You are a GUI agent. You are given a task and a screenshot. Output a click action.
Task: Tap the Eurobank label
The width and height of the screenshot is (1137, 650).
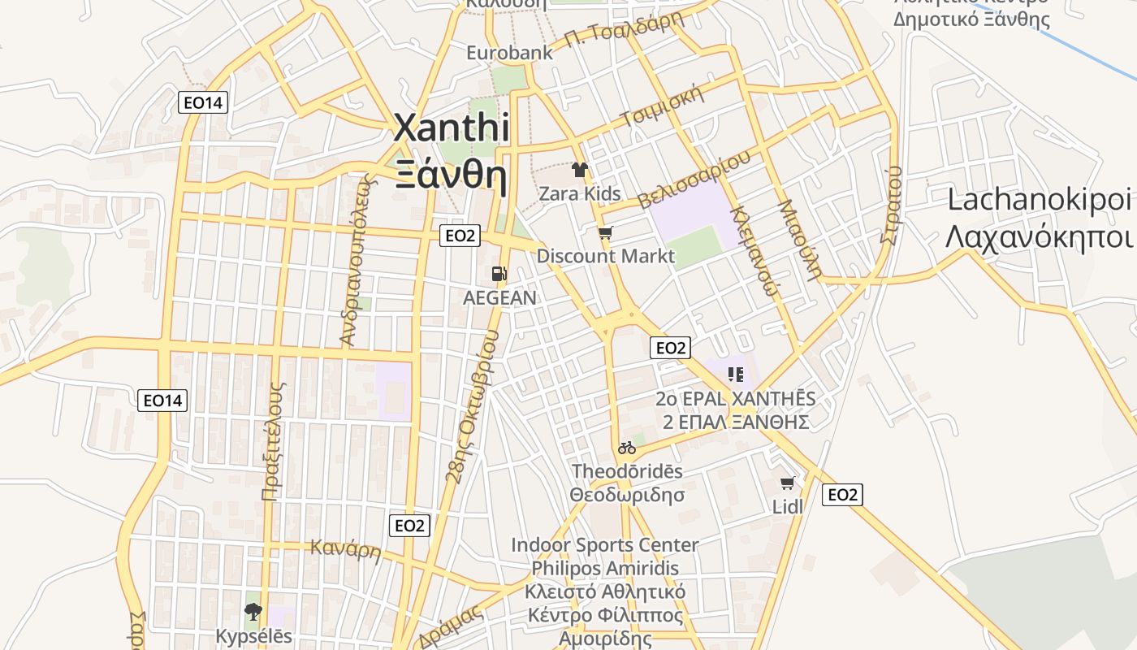(509, 53)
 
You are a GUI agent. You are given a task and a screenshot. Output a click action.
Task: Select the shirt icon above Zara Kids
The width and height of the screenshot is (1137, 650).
(580, 170)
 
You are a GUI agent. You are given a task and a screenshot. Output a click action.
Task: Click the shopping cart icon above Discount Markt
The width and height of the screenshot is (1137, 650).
(605, 234)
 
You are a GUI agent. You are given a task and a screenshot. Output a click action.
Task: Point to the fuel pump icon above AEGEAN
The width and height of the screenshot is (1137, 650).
(499, 275)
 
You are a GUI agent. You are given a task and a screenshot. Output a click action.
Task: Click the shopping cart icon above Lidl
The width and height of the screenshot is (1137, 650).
(787, 483)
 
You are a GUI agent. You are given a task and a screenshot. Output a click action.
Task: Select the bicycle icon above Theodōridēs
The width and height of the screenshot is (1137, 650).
(626, 448)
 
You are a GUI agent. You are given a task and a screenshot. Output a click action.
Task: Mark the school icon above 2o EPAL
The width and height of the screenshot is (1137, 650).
(736, 375)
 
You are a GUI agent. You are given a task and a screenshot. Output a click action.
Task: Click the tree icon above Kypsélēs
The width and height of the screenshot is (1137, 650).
(253, 612)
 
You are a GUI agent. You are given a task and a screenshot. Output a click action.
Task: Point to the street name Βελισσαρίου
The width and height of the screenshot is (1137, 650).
(694, 180)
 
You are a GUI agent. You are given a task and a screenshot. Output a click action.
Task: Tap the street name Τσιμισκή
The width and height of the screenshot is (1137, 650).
(661, 106)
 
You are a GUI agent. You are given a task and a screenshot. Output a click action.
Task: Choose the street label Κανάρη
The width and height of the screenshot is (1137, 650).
(346, 549)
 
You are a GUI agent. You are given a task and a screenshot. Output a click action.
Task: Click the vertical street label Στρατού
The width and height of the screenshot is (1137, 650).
(891, 204)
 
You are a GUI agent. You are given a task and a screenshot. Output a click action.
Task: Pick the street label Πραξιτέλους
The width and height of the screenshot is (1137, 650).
(273, 440)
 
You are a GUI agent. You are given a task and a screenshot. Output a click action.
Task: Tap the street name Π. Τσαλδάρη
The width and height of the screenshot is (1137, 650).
(624, 30)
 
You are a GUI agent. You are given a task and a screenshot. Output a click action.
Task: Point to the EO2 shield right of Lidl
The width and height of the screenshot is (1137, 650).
(842, 495)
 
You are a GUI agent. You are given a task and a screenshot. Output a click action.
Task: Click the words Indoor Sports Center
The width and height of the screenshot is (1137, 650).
(604, 544)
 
